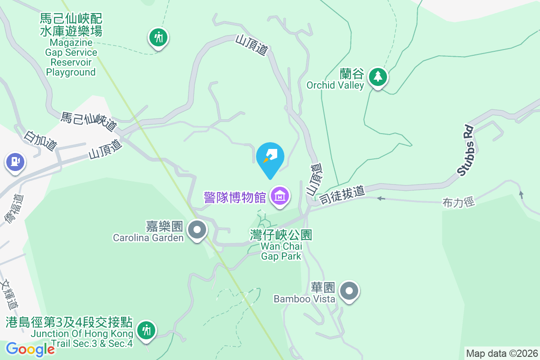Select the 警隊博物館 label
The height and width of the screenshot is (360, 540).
click(x=235, y=197)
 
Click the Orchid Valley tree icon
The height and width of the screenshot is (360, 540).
click(x=378, y=77)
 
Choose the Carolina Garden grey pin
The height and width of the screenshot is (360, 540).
click(x=197, y=230)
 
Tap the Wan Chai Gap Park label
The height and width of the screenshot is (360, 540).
click(x=281, y=245)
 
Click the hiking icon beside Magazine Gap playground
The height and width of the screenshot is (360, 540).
click(x=158, y=37)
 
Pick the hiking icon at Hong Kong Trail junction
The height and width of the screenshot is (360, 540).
click(x=146, y=331)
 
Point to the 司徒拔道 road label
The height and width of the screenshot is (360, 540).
click(x=342, y=195)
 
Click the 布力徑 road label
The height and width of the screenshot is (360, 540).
click(x=459, y=203)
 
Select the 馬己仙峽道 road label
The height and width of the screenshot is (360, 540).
click(x=89, y=122)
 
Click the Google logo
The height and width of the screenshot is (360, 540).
click(x=30, y=349)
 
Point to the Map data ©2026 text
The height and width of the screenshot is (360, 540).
click(x=502, y=353)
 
